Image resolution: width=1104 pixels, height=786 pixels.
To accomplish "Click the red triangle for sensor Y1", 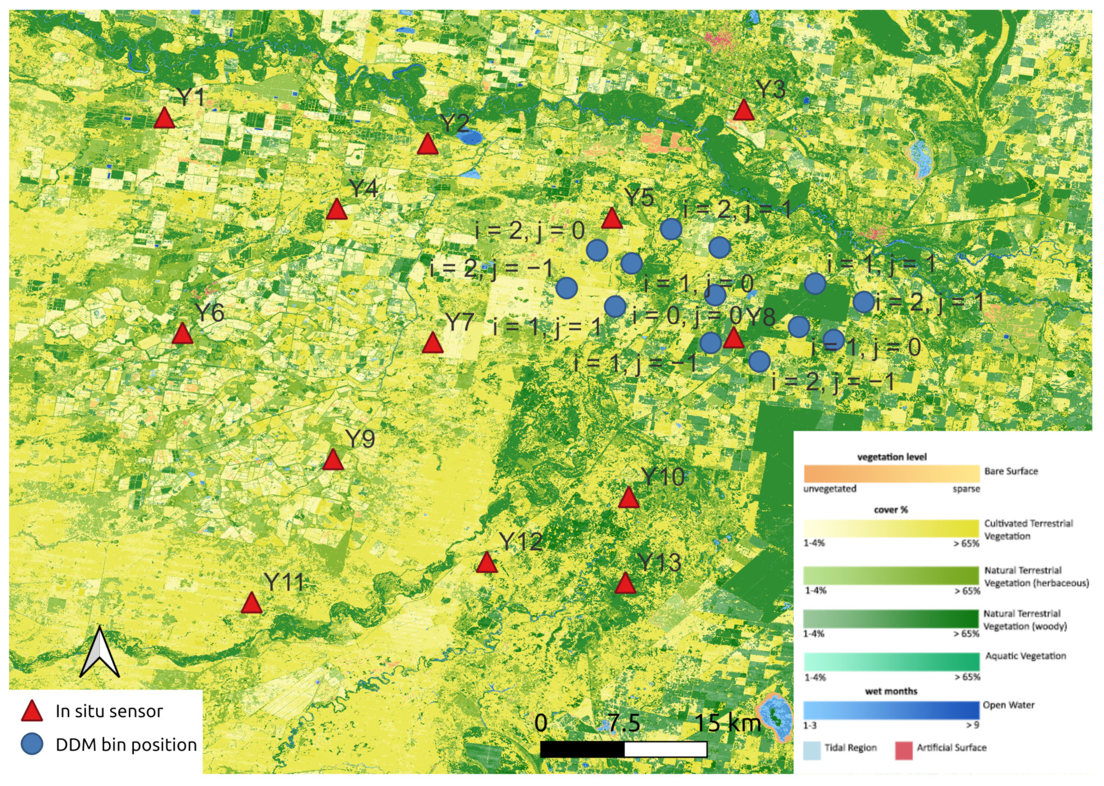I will (164, 119).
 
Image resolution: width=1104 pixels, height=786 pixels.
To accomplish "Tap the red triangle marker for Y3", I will (744, 110).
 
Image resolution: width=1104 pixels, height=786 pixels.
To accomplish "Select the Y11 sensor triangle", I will (252, 604).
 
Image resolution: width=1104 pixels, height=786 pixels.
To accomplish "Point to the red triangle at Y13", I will (625, 584).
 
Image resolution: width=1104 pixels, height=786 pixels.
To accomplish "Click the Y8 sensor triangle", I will (734, 338).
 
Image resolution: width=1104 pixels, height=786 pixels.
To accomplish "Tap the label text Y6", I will (210, 313).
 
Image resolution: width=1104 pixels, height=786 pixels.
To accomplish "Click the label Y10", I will (663, 477).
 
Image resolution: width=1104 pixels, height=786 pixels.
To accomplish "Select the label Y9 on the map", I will (360, 439).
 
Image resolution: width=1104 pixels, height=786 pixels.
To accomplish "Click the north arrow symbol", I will (99, 653).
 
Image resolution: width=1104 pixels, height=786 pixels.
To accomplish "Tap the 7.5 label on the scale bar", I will (624, 723).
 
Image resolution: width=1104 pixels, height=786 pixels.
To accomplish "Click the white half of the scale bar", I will (666, 750).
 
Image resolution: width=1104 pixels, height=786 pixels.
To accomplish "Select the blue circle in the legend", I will (32, 745).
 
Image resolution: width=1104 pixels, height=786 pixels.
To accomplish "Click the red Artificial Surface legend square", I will (903, 751).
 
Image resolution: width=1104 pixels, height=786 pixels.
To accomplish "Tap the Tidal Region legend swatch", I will (811, 751).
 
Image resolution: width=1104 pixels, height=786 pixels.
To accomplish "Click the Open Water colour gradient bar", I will (891, 710).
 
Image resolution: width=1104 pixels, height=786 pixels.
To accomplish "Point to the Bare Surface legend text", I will (1011, 471).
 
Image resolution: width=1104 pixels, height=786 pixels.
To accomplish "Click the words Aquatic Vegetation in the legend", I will (1026, 656).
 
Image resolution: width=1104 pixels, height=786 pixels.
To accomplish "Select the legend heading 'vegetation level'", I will (891, 457).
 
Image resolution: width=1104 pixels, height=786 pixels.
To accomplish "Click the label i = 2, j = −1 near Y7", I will (491, 269).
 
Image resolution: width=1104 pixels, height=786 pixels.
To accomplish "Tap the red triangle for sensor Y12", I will (486, 563).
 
